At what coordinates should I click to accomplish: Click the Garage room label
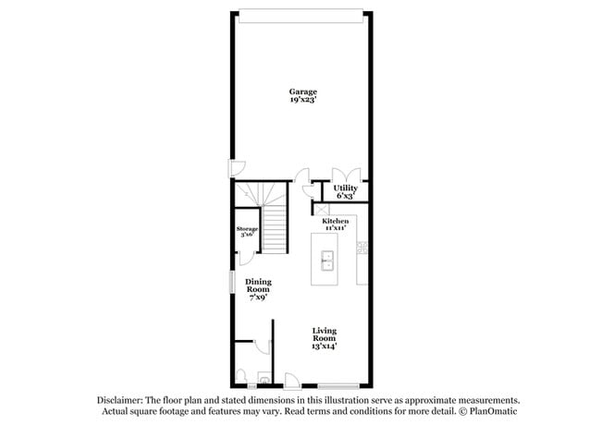(303, 96)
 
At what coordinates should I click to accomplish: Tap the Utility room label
(346, 191)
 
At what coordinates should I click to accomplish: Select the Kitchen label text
(335, 225)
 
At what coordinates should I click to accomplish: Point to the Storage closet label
(246, 231)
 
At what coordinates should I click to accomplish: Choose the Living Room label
(324, 337)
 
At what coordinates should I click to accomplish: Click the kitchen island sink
(327, 261)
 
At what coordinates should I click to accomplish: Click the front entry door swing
(290, 378)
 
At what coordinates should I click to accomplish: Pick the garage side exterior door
(236, 166)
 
